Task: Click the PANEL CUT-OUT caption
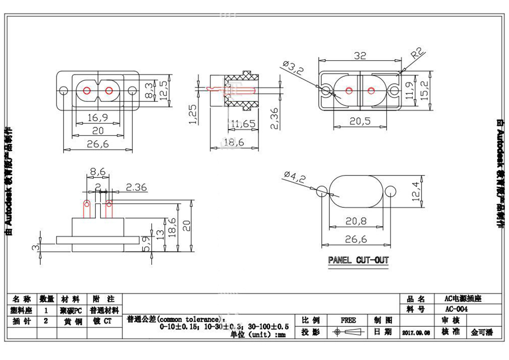pyautogui.click(x=358, y=261)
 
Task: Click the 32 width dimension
pyautogui.click(x=360, y=56)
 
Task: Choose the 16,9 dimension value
pyautogui.click(x=96, y=118)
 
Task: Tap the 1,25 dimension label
pyautogui.click(x=193, y=114)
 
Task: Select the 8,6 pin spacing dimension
pyautogui.click(x=98, y=172)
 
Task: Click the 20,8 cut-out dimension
pyautogui.click(x=356, y=222)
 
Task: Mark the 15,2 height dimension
pyautogui.click(x=428, y=90)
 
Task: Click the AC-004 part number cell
pyautogui.click(x=456, y=309)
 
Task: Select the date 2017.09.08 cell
pyautogui.click(x=416, y=332)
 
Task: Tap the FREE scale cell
pyautogui.click(x=348, y=320)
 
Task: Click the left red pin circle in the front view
pyautogui.click(x=87, y=90)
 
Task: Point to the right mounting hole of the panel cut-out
pyautogui.click(x=390, y=190)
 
